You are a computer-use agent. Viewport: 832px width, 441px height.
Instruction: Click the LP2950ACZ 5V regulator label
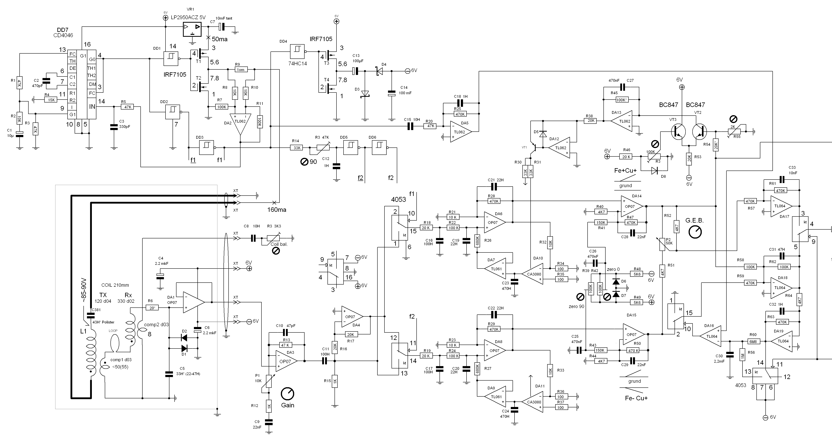click(188, 18)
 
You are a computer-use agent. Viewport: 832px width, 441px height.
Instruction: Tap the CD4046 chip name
click(63, 35)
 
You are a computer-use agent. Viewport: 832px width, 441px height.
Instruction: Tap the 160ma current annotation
click(277, 210)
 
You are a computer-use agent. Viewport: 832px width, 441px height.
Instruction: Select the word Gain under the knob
click(288, 405)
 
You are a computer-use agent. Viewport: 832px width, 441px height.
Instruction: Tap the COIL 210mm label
click(115, 285)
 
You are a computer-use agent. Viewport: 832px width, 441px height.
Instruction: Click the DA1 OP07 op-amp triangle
click(194, 302)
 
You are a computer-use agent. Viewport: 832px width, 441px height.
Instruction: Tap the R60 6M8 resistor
click(754, 341)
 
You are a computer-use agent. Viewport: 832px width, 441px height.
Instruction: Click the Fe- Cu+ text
click(636, 398)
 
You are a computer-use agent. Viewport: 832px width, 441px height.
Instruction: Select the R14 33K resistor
click(296, 148)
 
